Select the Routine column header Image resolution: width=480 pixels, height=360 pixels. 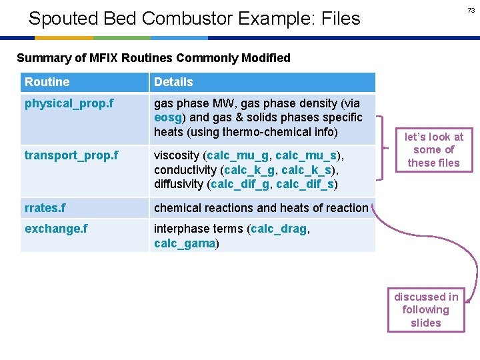tap(47, 82)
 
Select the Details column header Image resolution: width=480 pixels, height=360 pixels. tap(173, 82)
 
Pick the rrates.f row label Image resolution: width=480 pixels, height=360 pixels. tap(45, 208)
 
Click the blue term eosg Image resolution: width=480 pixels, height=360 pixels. tap(167, 117)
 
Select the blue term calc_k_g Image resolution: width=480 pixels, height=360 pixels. tap(249, 170)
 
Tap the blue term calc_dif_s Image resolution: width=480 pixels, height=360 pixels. tap(305, 184)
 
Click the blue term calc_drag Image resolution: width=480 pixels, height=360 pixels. tap(279, 229)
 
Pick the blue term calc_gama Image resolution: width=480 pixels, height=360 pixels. tap(184, 243)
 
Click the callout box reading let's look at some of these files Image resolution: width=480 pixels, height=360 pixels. tap(434, 149)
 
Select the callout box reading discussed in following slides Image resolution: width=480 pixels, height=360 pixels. tap(426, 309)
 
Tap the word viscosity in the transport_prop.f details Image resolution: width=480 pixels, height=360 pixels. tap(177, 155)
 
